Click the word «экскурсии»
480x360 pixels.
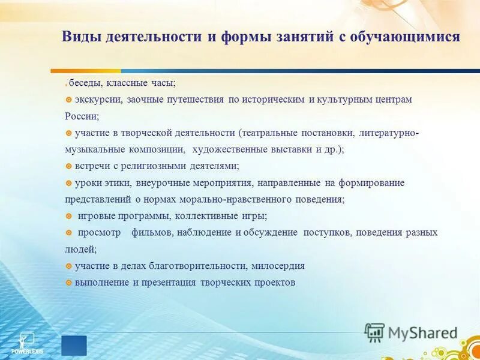(98, 100)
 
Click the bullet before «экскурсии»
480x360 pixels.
(69, 100)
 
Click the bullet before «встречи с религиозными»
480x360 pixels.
(69, 166)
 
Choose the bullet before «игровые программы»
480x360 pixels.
(69, 216)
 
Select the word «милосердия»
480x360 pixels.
(278, 266)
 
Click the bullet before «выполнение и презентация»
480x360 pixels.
(69, 282)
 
